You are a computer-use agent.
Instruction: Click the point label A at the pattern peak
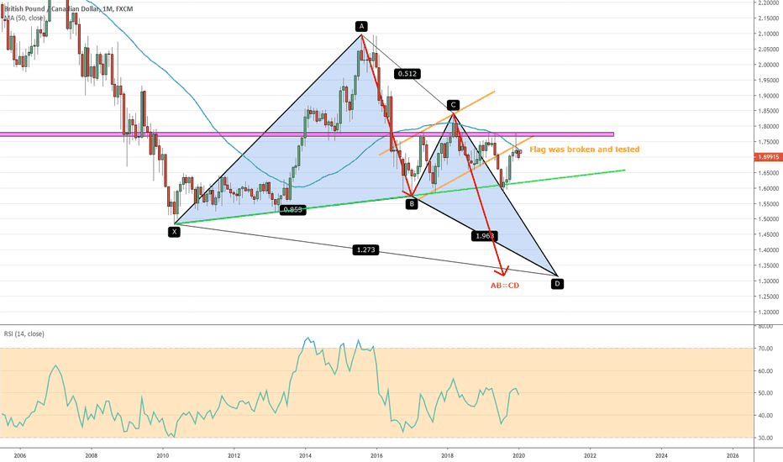(361, 26)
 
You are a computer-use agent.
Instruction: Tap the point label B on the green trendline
(412, 203)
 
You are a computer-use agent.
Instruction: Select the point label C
(453, 105)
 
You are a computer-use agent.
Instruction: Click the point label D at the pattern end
(557, 283)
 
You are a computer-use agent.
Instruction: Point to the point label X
(175, 230)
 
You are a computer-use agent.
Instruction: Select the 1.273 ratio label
(365, 249)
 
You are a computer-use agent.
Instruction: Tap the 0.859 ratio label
(293, 210)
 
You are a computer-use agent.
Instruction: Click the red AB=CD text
(506, 286)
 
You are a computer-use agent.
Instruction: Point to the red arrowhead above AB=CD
(504, 271)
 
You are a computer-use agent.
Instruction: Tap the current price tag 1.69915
(767, 156)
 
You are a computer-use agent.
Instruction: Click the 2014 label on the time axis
(305, 454)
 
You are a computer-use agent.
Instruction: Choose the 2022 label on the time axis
(590, 454)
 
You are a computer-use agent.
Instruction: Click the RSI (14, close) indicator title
(24, 333)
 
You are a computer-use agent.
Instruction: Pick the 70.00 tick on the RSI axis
(765, 348)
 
